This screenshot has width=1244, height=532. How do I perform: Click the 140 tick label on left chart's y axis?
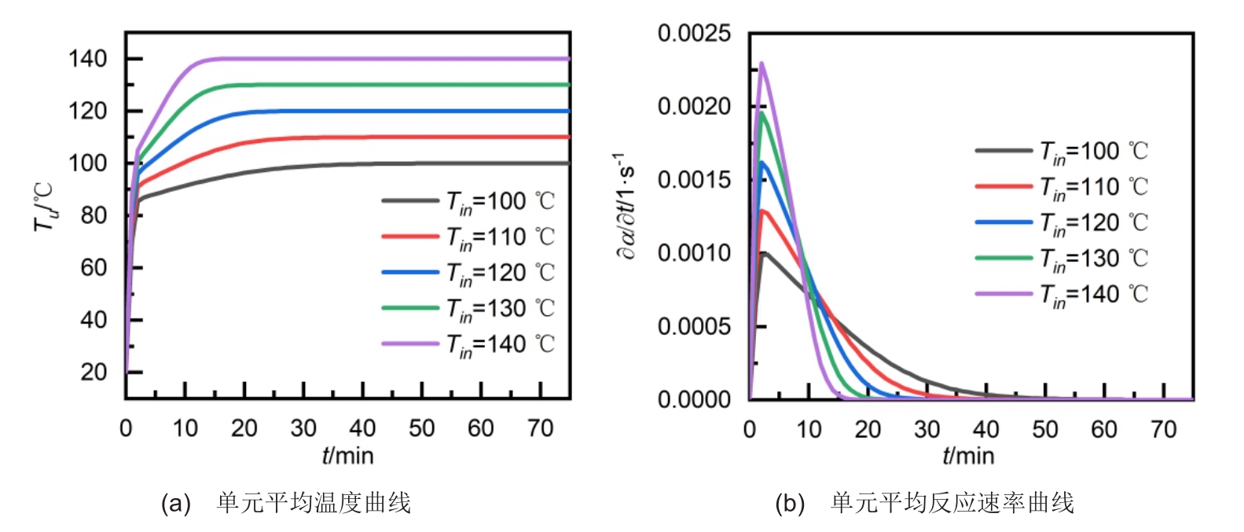(x=88, y=59)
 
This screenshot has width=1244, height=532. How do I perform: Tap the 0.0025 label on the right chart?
(x=694, y=34)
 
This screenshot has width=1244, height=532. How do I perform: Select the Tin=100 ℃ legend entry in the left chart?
(x=468, y=202)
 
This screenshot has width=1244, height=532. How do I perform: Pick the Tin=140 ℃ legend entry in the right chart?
(x=1062, y=295)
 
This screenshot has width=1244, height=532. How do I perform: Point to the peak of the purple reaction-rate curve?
(x=761, y=64)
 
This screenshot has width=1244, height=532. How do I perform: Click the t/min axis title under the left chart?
(x=347, y=456)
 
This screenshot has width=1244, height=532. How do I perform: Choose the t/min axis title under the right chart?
(x=968, y=456)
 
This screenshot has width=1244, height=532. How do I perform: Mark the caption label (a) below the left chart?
(x=175, y=503)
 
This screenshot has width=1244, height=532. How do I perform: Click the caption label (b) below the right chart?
(x=789, y=503)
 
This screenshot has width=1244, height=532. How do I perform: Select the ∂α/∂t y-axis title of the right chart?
(x=626, y=206)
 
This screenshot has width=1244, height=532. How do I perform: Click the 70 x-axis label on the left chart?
(x=540, y=428)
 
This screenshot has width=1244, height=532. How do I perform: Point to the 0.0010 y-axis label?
(x=694, y=253)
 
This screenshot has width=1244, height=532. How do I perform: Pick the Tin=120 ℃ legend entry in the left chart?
(x=468, y=273)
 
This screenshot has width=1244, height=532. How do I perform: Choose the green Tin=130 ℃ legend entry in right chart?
(x=1062, y=259)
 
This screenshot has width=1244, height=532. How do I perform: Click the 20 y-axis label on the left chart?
(x=94, y=372)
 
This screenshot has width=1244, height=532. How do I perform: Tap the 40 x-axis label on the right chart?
(x=985, y=429)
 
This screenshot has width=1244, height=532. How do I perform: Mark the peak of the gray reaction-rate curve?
(x=764, y=253)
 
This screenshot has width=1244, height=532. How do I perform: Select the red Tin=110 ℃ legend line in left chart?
(x=410, y=236)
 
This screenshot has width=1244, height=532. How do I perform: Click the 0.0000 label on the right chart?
(x=694, y=400)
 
